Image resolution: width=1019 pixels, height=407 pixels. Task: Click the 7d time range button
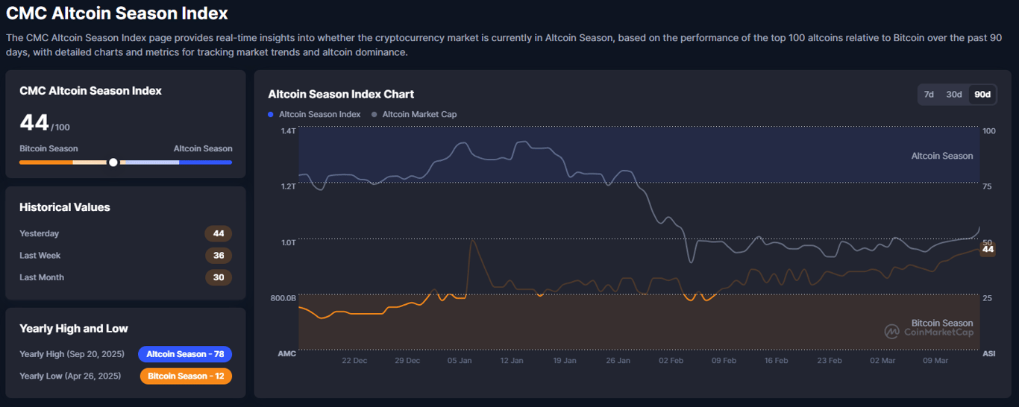(x=929, y=95)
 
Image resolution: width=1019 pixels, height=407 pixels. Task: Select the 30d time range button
(x=954, y=95)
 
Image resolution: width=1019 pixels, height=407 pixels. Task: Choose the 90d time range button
(x=982, y=95)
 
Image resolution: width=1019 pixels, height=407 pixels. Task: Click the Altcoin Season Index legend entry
(x=319, y=115)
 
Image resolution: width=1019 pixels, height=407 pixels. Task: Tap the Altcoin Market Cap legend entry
(x=419, y=115)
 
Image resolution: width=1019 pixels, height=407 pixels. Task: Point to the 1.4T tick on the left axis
(x=288, y=131)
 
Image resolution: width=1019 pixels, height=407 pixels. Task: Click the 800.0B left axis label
(x=283, y=298)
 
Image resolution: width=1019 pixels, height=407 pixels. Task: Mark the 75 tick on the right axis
(x=988, y=186)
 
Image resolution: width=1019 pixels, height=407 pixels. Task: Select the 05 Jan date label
(x=460, y=361)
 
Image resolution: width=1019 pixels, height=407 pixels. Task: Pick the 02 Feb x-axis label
(x=671, y=361)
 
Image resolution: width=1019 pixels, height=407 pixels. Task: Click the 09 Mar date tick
(x=935, y=361)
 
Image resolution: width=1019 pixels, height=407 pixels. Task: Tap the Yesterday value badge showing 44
(x=219, y=234)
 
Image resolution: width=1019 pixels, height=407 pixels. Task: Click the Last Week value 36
(x=219, y=256)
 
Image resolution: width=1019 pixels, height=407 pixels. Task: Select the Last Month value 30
(x=219, y=277)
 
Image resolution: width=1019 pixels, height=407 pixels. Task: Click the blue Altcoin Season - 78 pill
(x=185, y=354)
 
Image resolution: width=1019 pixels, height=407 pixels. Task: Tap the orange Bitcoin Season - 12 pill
(x=186, y=376)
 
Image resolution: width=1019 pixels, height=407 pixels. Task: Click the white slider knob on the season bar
(x=113, y=162)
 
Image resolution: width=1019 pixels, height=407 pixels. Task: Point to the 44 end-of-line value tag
(x=988, y=250)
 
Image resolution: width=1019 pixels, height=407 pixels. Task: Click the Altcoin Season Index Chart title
(x=341, y=95)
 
